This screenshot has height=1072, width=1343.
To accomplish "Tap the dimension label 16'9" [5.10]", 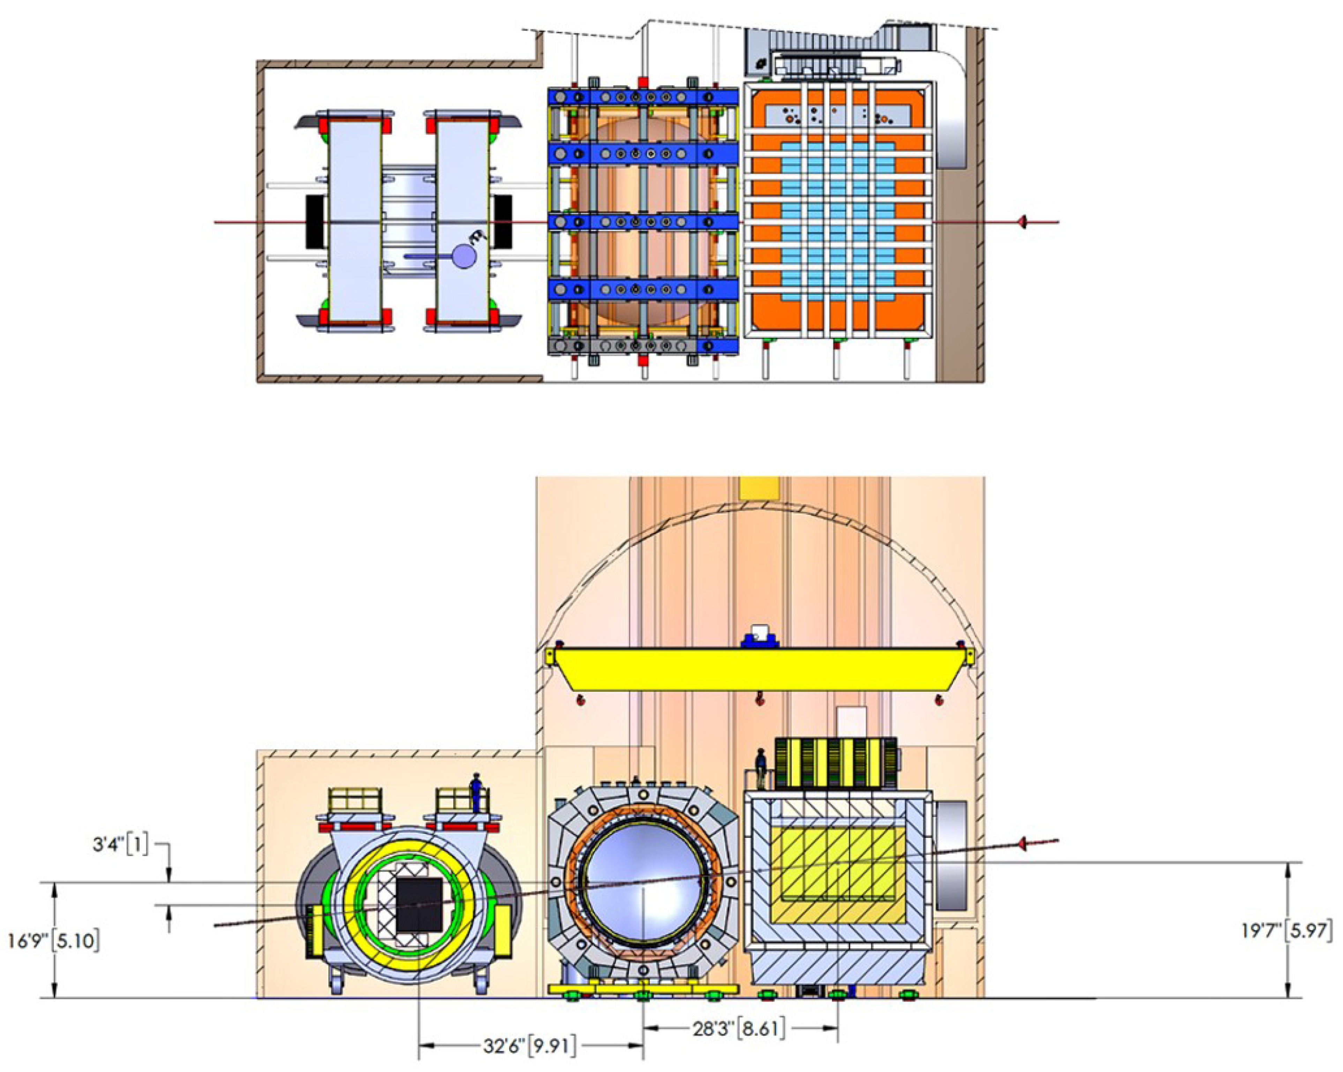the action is pyautogui.click(x=54, y=940).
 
